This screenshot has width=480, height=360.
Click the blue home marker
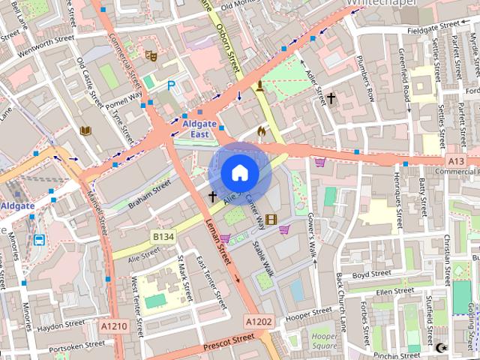click(x=239, y=172)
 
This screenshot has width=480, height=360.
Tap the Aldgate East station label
click(x=190, y=128)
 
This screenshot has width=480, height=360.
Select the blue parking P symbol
click(x=172, y=86)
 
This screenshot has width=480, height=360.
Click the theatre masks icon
click(x=151, y=55)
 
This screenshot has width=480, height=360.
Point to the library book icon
click(x=85, y=130)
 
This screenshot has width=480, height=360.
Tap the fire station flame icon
click(x=262, y=130)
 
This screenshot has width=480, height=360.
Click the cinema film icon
click(x=271, y=220)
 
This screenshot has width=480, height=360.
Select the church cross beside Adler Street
click(x=331, y=97)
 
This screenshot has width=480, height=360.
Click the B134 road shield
click(x=163, y=236)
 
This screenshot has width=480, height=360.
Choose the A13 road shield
click(x=456, y=160)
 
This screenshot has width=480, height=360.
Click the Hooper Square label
click(x=324, y=341)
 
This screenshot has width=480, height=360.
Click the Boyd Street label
click(x=372, y=275)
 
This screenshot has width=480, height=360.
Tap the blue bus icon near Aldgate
click(x=38, y=240)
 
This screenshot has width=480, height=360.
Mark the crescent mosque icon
click(x=442, y=347)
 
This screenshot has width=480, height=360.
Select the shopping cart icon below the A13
click(x=320, y=161)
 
